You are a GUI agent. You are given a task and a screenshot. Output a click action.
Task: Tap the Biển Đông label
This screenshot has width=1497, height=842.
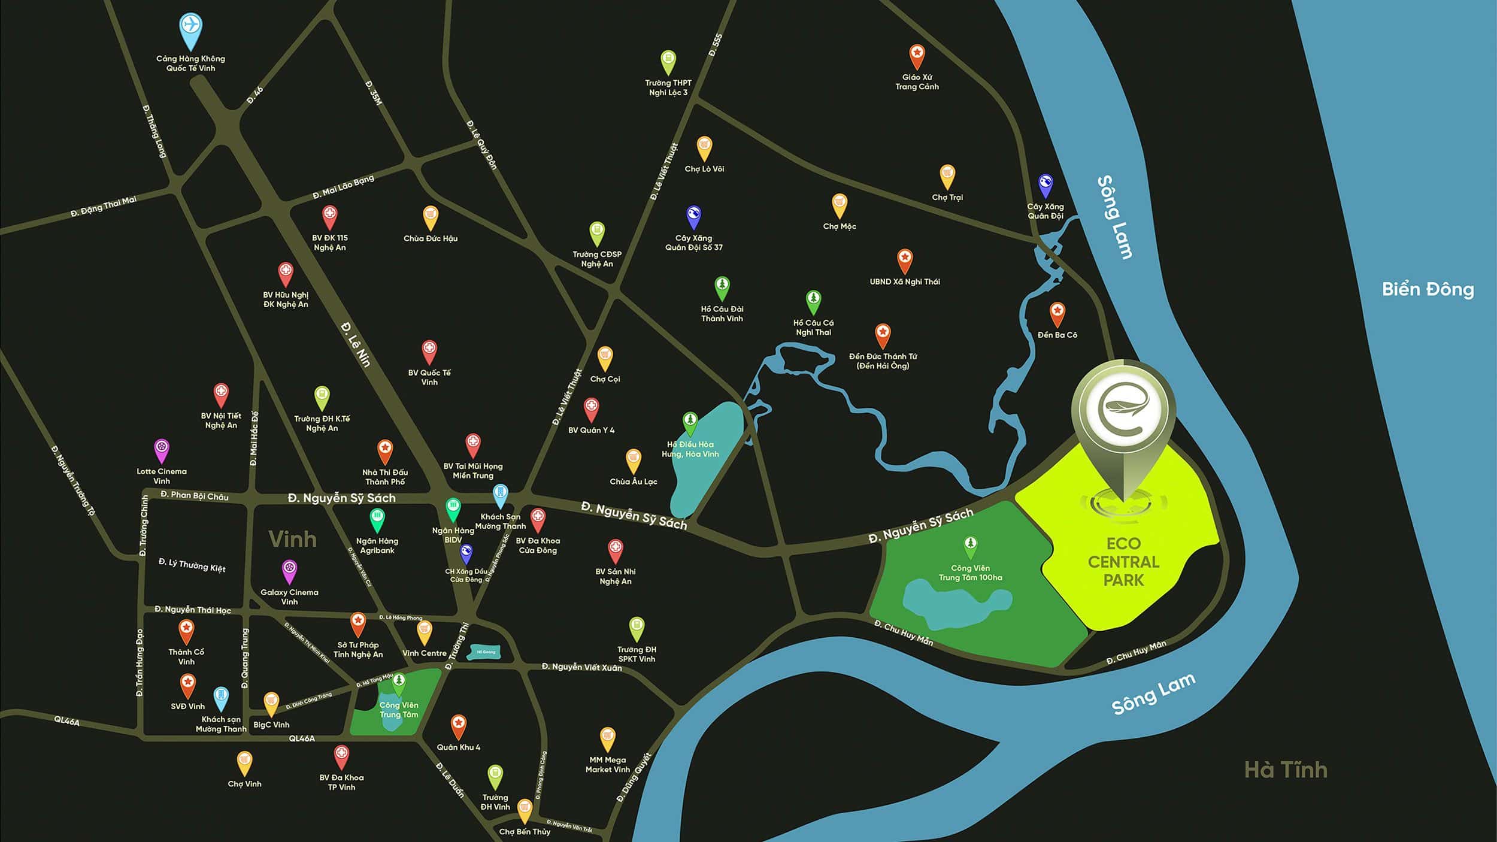tap(1428, 289)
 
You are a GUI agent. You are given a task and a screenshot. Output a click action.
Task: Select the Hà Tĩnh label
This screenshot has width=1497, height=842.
tap(1286, 770)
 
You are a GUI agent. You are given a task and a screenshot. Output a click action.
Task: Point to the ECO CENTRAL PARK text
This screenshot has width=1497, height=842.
tap(1123, 562)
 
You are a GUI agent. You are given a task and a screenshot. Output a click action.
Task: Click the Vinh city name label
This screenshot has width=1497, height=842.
tap(292, 540)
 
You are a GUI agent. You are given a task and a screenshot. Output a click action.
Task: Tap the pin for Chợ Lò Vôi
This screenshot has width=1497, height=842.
tap(704, 147)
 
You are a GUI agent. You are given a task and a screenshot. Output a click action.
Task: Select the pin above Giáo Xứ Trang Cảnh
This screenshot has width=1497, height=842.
tap(917, 55)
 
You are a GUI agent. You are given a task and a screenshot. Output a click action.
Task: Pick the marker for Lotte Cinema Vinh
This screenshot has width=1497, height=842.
tap(162, 449)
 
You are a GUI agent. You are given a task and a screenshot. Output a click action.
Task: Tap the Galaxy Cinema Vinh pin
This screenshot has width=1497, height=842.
tap(289, 570)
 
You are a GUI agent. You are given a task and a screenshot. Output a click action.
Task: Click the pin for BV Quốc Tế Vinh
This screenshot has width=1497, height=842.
tap(429, 351)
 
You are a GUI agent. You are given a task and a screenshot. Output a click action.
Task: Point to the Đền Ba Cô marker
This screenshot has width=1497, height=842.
tap(1057, 313)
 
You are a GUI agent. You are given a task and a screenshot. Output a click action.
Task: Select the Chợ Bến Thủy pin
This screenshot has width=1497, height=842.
tap(525, 810)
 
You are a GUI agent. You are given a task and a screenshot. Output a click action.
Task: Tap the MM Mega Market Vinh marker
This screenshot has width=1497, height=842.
tap(607, 738)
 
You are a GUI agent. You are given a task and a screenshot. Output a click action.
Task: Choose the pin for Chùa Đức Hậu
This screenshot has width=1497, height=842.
tap(431, 217)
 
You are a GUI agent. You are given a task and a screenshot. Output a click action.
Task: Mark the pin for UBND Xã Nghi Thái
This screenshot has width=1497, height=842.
tap(905, 261)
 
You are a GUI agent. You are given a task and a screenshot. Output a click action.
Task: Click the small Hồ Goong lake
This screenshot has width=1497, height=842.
tap(484, 652)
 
